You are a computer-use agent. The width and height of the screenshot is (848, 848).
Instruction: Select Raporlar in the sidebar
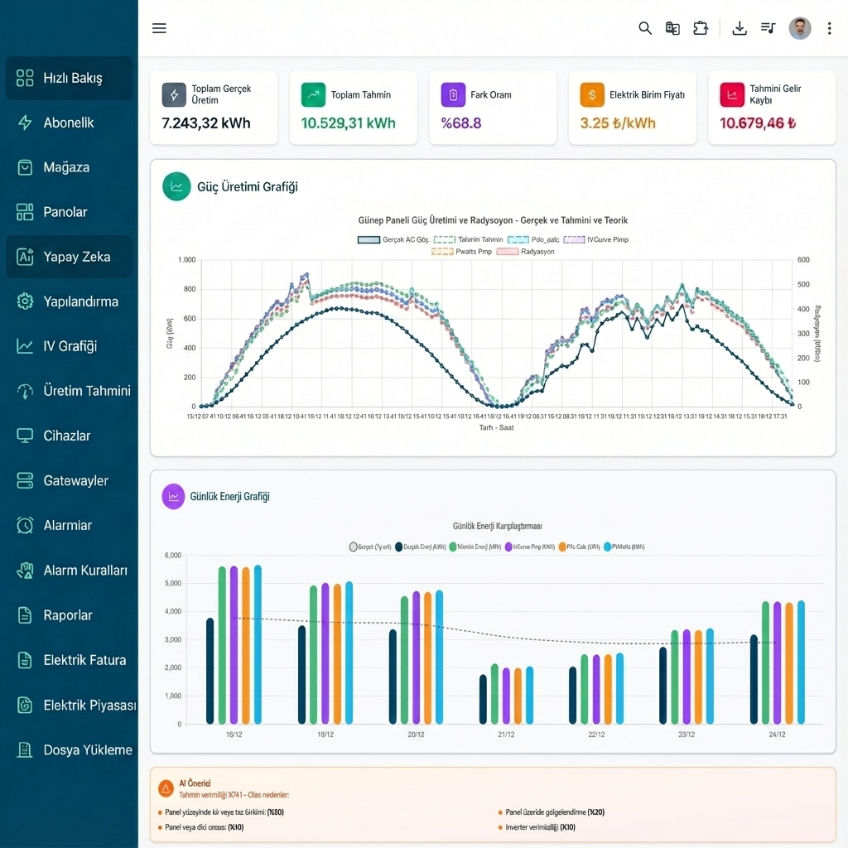(68, 615)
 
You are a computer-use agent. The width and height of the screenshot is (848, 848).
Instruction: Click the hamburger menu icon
(160, 28)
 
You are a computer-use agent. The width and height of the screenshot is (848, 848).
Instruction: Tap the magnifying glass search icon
(645, 28)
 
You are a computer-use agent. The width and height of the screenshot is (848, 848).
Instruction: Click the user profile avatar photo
(800, 28)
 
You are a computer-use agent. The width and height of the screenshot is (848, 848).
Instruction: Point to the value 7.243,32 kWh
(206, 123)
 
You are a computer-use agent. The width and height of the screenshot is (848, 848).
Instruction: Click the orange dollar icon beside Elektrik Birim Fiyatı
(592, 94)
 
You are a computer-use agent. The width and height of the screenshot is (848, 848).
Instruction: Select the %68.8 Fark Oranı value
(461, 123)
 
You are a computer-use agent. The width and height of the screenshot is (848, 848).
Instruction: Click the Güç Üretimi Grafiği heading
(247, 187)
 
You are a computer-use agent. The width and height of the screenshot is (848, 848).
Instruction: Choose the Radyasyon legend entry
(527, 251)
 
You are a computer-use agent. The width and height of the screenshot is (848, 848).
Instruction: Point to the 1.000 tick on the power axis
(186, 260)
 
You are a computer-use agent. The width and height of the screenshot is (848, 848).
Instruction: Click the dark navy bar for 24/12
(754, 679)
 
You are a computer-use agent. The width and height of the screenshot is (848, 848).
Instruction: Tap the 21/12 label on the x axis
(506, 735)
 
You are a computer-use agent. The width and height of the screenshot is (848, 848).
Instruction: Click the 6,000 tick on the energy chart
(173, 556)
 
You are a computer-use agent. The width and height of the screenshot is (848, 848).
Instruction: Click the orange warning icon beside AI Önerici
(166, 788)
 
